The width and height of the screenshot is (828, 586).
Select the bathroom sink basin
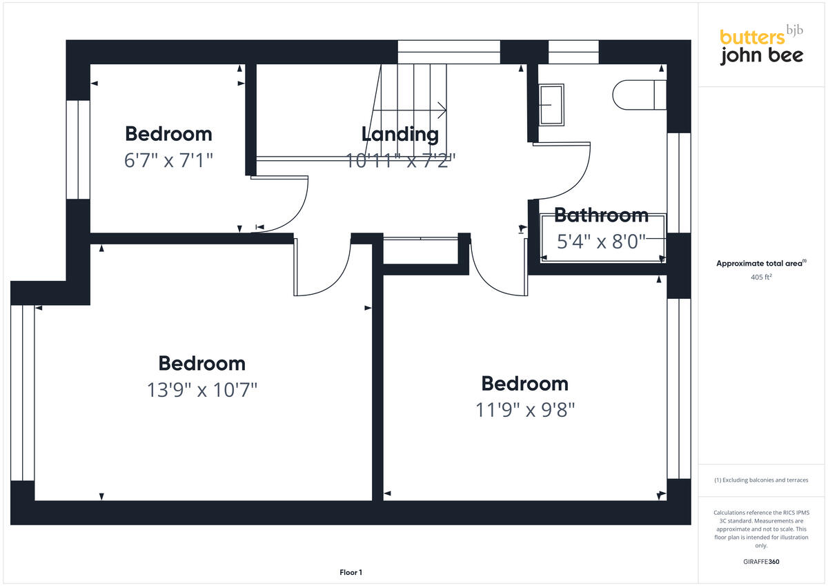[551, 104]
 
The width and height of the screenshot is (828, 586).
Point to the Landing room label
[400, 134]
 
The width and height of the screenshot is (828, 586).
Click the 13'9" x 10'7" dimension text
[202, 390]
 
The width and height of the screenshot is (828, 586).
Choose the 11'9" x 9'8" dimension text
[525, 410]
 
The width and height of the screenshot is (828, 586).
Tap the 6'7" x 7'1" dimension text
[168, 160]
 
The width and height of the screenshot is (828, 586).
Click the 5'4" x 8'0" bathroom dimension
[601, 242]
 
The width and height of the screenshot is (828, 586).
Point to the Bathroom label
[601, 215]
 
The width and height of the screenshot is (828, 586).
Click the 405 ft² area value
[760, 277]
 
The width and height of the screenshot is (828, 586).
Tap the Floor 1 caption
[351, 572]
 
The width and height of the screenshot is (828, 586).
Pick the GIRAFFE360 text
[760, 562]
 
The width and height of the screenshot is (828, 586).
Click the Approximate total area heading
[760, 264]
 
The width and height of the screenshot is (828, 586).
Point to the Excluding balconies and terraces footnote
[760, 480]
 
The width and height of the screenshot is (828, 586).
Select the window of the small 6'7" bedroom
[78, 149]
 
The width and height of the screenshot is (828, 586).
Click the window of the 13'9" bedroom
[22, 392]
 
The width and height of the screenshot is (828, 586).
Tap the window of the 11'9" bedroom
[679, 388]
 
